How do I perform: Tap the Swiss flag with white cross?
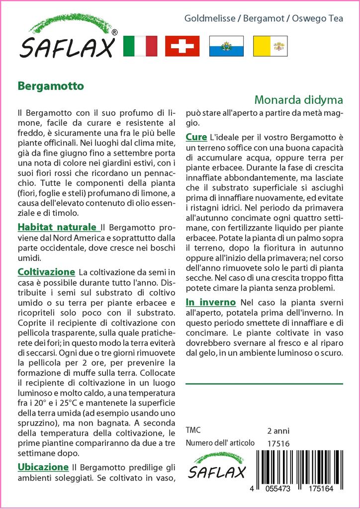(182, 46)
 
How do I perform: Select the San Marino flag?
(226, 46)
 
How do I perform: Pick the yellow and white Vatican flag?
(270, 46)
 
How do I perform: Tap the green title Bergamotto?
(51, 85)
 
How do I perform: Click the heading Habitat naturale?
(58, 227)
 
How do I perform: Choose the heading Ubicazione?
(43, 467)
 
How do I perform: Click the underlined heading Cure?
(196, 136)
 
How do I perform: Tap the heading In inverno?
(210, 302)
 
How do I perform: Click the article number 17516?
(278, 443)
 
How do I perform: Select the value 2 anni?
(278, 430)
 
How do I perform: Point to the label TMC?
(194, 430)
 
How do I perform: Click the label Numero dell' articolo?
(220, 443)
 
